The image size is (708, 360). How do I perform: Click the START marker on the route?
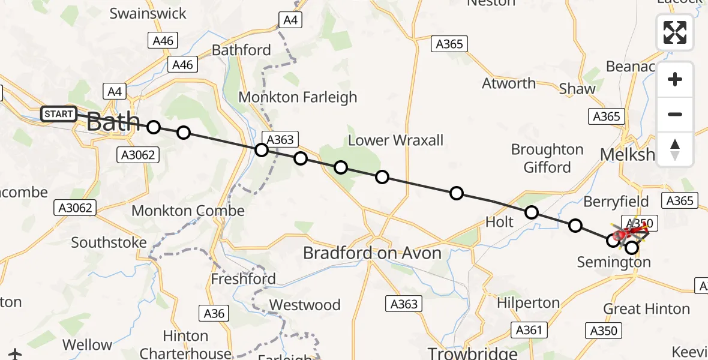pos(59,113)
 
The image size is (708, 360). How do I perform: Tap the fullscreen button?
pos(675,32)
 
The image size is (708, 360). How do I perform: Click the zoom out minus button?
pos(675,114)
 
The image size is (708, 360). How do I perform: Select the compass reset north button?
pos(675,149)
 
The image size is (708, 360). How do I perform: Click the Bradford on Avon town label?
pos(372,253)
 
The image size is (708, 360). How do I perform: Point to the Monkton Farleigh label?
pos(298,97)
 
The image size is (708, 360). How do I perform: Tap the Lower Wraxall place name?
pos(395,140)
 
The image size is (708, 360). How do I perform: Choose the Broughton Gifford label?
pos(547,158)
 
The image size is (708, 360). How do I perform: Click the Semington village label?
pos(613,262)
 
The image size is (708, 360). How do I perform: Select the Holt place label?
pos(499,222)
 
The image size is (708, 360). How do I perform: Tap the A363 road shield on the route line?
pos(280,140)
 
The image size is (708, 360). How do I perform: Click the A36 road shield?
pos(214,313)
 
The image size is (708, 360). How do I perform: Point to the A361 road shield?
pos(529,329)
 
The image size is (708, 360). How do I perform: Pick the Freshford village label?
pos(243,279)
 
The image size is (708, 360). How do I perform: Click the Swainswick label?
pos(148,13)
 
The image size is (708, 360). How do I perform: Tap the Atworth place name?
pos(509,83)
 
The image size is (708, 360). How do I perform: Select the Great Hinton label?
pos(646,309)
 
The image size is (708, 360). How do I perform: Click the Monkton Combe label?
pos(188,211)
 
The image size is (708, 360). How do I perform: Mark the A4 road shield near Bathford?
pos(290,20)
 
